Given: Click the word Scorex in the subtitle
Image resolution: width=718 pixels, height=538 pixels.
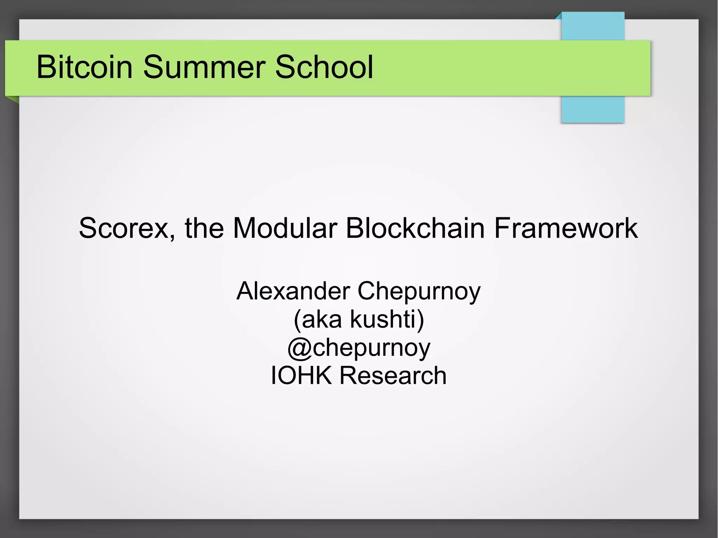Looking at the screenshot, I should pyautogui.click(x=124, y=228).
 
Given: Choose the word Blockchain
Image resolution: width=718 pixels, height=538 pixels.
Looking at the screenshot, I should pyautogui.click(x=415, y=228).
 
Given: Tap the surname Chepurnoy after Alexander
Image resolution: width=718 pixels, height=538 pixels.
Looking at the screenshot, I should pyautogui.click(x=419, y=292).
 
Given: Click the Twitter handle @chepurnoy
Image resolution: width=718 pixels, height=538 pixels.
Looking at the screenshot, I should pyautogui.click(x=359, y=348).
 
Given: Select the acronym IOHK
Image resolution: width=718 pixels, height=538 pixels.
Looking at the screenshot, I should pyautogui.click(x=301, y=375).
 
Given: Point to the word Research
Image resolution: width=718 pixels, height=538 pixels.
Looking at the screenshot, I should pyautogui.click(x=393, y=375).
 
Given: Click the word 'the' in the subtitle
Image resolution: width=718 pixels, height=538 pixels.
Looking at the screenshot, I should pyautogui.click(x=204, y=228).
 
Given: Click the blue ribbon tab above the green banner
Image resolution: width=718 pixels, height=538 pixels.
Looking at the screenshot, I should pyautogui.click(x=592, y=26).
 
